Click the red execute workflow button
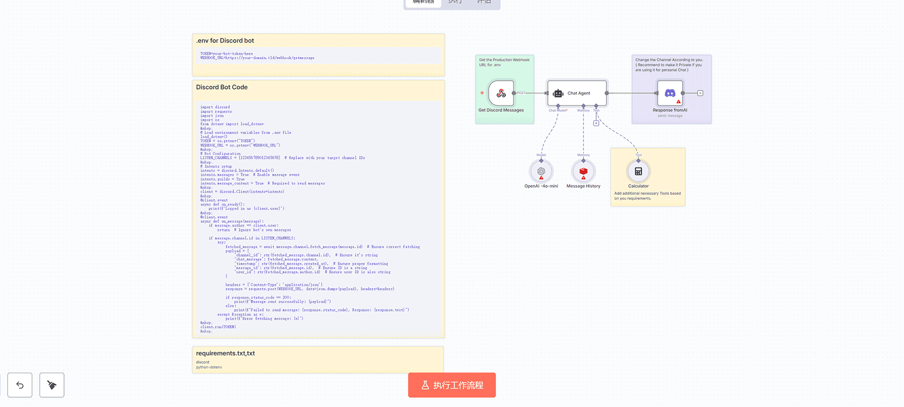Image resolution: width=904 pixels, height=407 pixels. click(451, 385)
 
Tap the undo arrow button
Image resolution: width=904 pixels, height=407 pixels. click(20, 385)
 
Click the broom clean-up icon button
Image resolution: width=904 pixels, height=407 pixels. click(52, 385)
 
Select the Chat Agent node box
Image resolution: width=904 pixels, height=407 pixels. click(577, 93)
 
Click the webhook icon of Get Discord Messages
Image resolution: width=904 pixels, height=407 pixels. click(501, 93)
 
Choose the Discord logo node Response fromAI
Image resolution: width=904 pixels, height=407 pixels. click(670, 93)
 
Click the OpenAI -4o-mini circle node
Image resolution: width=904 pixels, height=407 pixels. click(541, 171)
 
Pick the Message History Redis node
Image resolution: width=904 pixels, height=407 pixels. click(583, 171)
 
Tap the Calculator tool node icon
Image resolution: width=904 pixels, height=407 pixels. click(638, 171)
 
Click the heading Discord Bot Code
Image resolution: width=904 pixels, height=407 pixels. click(222, 87)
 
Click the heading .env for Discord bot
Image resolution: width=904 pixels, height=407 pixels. click(225, 41)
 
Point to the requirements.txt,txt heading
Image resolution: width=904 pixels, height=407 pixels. click(225, 353)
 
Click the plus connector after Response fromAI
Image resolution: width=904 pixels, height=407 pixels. click(700, 93)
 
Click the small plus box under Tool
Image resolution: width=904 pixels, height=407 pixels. click(596, 123)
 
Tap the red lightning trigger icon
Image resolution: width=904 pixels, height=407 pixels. click(482, 93)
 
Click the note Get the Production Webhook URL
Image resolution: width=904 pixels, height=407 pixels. click(504, 62)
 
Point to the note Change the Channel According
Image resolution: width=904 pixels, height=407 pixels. click(669, 65)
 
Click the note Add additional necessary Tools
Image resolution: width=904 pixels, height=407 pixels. click(647, 196)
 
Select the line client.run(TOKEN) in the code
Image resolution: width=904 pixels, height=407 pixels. click(218, 327)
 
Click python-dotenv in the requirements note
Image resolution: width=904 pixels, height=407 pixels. click(209, 367)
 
